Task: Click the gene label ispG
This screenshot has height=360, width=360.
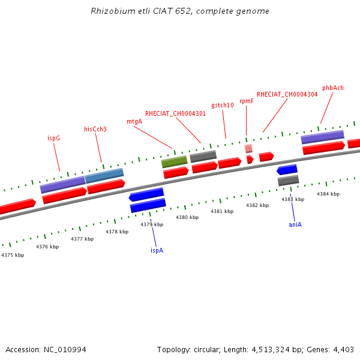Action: point(53,138)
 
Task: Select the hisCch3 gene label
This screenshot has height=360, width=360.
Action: point(95,129)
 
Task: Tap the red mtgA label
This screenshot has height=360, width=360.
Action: point(134,121)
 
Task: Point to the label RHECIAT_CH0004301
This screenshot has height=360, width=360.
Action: point(175,113)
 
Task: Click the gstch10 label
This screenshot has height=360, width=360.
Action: point(223,105)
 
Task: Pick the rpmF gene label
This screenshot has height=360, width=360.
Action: point(246,101)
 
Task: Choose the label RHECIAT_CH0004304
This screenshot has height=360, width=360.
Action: point(287,94)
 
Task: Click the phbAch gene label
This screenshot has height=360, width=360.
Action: point(332,88)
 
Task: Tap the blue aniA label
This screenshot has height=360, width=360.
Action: point(295,224)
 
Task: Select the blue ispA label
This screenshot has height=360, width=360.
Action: point(157,250)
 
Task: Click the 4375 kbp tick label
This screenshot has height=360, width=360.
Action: point(13,255)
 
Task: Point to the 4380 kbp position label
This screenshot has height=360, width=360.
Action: point(187,217)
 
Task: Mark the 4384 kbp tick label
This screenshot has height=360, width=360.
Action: point(328,194)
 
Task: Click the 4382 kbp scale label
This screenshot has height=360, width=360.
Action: point(257,205)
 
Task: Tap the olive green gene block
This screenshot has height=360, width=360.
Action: point(174,161)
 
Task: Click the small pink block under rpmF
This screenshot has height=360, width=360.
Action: point(248,148)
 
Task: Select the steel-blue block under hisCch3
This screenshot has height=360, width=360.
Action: point(104,176)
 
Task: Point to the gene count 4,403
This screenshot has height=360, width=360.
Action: point(343,349)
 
